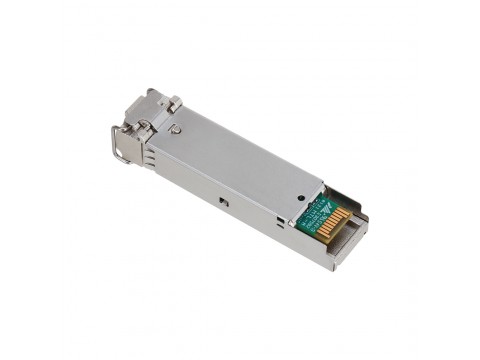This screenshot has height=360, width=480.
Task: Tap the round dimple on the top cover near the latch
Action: coord(176,129)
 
